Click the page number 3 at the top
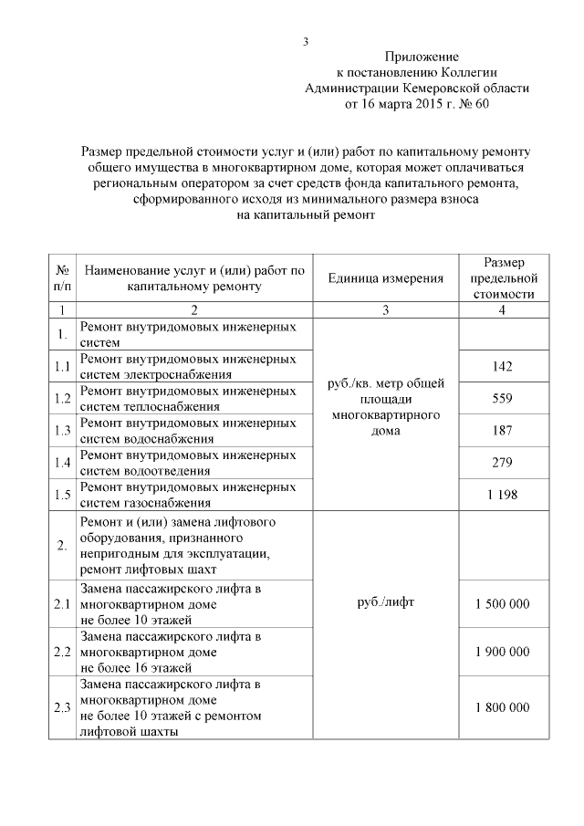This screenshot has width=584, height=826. [x=306, y=41]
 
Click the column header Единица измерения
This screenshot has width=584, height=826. [x=386, y=278]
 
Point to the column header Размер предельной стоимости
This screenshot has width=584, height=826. [x=502, y=278]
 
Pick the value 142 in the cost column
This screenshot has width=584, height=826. [x=502, y=366]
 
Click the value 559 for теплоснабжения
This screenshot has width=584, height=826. [x=502, y=398]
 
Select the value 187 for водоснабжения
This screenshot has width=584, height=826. [x=502, y=430]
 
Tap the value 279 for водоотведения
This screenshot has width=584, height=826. [x=502, y=462]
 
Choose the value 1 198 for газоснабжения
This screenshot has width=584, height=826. [x=502, y=494]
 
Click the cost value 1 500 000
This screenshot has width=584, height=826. [x=502, y=604]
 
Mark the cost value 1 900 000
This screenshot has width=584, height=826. [x=502, y=652]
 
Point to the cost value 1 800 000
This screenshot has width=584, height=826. [x=502, y=707]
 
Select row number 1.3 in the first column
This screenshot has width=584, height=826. [x=62, y=430]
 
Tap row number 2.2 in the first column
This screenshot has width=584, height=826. [x=62, y=652]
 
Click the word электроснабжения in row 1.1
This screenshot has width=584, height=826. [x=188, y=374]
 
